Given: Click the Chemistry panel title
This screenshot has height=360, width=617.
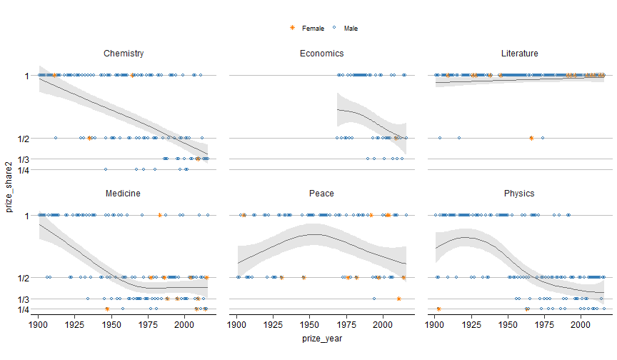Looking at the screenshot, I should (x=124, y=54).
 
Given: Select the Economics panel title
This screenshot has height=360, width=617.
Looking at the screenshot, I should (x=321, y=54).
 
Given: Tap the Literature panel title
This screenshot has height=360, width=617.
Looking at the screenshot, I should (x=519, y=54).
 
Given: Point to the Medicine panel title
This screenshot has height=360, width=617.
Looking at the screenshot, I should (x=123, y=194).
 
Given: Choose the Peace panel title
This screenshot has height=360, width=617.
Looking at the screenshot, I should (x=321, y=194).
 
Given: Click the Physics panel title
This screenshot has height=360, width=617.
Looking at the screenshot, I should (x=519, y=194).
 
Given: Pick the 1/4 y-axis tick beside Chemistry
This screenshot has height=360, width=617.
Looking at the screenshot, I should (x=24, y=170).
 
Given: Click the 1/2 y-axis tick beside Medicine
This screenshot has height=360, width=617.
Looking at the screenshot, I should (x=24, y=277).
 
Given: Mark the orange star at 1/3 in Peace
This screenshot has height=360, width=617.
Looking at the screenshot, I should (x=398, y=299).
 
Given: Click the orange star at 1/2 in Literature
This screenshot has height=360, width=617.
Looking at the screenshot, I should (x=531, y=138).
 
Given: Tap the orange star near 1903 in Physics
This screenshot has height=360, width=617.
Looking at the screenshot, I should (x=438, y=309).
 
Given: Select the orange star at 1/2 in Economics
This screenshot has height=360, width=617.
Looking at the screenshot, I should (x=396, y=138).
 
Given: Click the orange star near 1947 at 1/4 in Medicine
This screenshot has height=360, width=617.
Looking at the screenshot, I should (x=107, y=309).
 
